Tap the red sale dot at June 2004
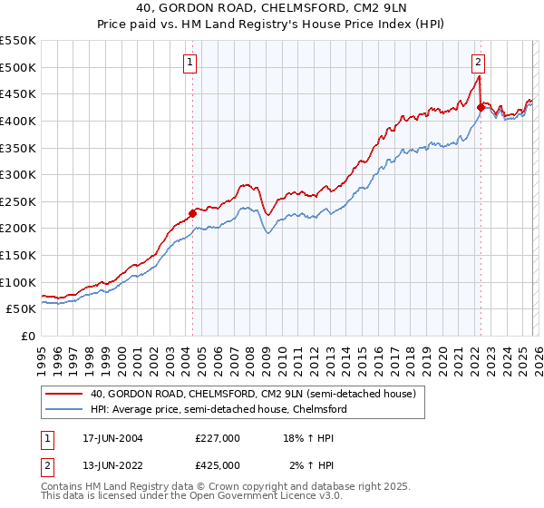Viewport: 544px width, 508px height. (x=192, y=214)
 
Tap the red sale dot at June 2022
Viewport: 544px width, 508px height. (x=480, y=107)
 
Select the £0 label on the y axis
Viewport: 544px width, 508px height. (x=28, y=336)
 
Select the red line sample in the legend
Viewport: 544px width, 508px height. (x=64, y=394)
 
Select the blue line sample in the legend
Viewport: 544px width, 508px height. (x=64, y=409)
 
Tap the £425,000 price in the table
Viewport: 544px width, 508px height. (x=218, y=464)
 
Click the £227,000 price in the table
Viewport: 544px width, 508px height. (x=218, y=437)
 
